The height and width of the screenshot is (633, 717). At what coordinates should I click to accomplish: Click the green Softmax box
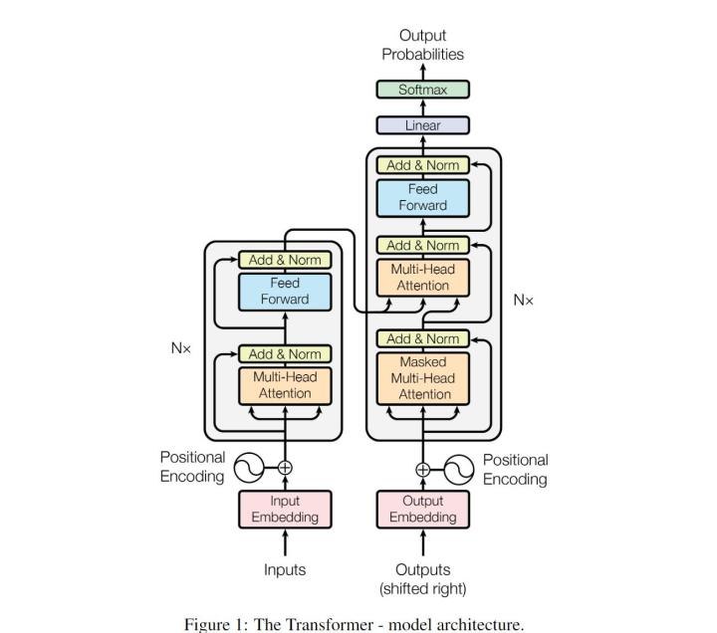tap(422, 90)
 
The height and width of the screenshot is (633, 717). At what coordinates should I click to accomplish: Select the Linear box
tap(422, 125)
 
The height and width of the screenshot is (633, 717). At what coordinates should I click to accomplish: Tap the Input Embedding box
tap(285, 510)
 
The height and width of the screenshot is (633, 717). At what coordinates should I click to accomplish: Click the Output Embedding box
tap(422, 510)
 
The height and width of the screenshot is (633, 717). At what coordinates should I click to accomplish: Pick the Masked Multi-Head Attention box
tap(422, 378)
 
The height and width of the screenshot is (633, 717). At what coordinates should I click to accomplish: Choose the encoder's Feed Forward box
tap(285, 292)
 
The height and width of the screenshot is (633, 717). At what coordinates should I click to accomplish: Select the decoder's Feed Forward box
tap(422, 198)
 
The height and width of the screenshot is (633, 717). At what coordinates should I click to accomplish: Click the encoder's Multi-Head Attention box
tap(285, 386)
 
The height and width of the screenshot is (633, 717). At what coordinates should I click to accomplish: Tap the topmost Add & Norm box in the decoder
tap(422, 165)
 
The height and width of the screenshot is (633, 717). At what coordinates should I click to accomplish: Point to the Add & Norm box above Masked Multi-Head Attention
tap(422, 338)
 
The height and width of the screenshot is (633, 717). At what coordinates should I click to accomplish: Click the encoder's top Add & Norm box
tap(285, 260)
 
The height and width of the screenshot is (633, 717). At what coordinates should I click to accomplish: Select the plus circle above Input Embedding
tap(285, 468)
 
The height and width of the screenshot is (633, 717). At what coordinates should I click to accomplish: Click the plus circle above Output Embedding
tap(422, 470)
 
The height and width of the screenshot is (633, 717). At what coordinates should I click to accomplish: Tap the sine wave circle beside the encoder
tap(249, 468)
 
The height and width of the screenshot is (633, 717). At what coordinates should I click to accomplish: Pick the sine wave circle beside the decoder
tap(459, 470)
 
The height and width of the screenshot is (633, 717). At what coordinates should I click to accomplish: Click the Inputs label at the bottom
tap(285, 570)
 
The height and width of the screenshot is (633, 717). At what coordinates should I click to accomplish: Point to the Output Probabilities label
tap(422, 45)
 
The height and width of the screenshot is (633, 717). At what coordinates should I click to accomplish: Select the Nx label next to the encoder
tap(180, 348)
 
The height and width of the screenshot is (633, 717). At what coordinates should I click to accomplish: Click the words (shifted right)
tap(422, 588)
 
